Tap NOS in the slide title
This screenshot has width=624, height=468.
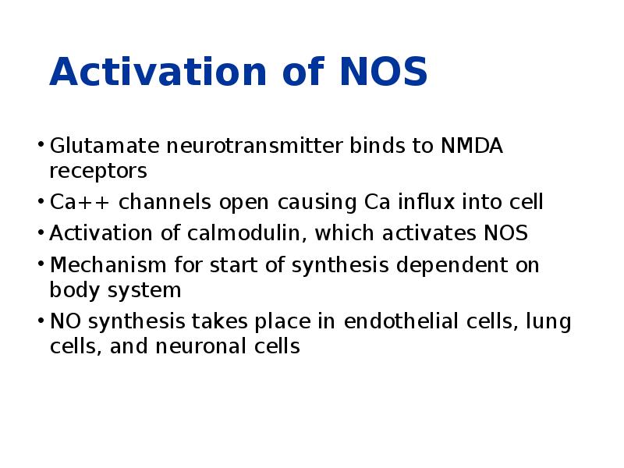pos(384,73)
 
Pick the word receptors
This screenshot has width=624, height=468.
pos(97,170)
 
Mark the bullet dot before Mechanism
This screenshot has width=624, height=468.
pos(40,264)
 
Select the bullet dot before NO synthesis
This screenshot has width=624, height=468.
pos(40,320)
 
